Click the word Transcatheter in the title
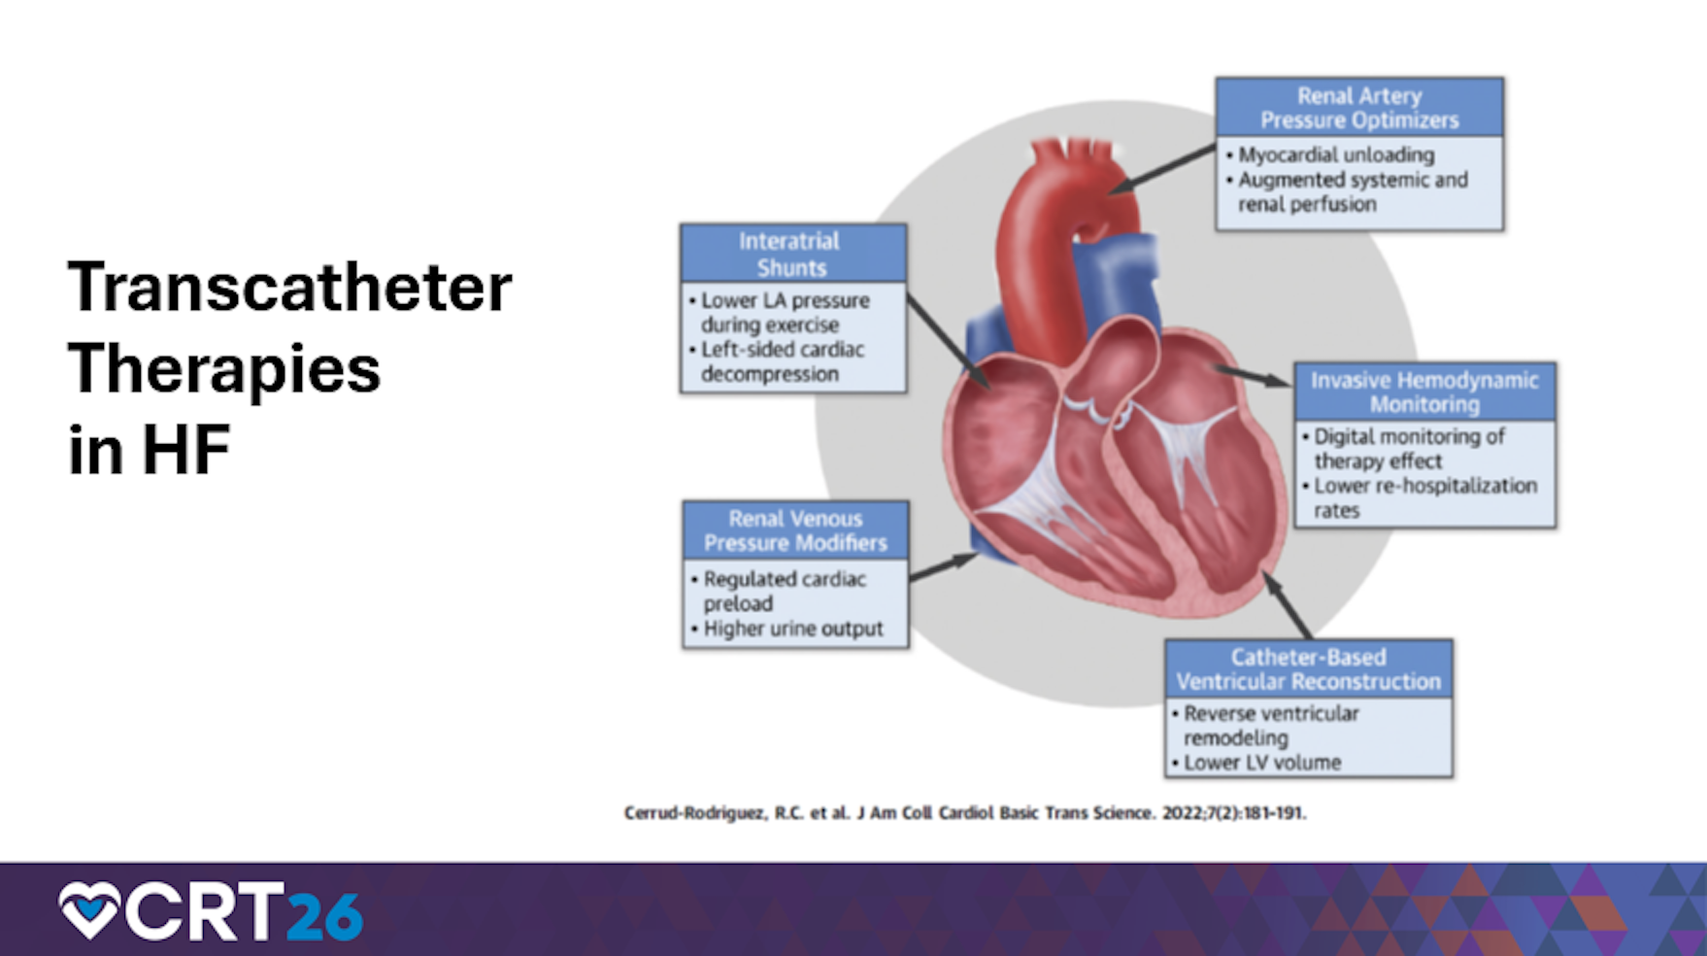click(289, 288)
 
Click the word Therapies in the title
click(224, 369)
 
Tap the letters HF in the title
click(185, 451)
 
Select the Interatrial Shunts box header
click(792, 254)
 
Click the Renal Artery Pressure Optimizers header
click(1358, 108)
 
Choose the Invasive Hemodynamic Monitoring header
click(1424, 392)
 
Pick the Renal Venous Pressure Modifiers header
click(795, 530)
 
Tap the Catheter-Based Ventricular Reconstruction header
click(1308, 669)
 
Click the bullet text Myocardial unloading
click(1335, 155)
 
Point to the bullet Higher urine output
click(793, 629)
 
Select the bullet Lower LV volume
click(1262, 763)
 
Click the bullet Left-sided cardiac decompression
click(782, 361)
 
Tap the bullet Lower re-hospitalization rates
click(1424, 497)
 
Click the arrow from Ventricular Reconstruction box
click(1287, 604)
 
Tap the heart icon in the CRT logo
click(88, 910)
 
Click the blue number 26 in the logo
click(324, 915)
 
